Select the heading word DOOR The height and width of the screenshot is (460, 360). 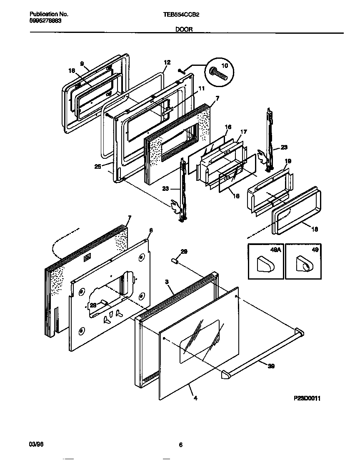click(x=184, y=30)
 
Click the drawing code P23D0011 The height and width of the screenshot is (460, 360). click(x=307, y=398)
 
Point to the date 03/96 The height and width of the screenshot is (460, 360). click(x=36, y=445)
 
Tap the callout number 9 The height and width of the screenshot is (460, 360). click(x=82, y=64)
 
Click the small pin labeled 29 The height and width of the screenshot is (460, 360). click(x=175, y=261)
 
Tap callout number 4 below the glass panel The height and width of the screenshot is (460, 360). click(x=195, y=398)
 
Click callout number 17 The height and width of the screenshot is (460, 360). click(x=244, y=132)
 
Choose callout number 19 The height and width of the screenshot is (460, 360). click(x=288, y=161)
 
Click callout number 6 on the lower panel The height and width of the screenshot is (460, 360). click(x=151, y=230)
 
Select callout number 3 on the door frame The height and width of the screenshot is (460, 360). click(x=167, y=282)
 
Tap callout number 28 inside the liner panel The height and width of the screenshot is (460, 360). click(x=94, y=305)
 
